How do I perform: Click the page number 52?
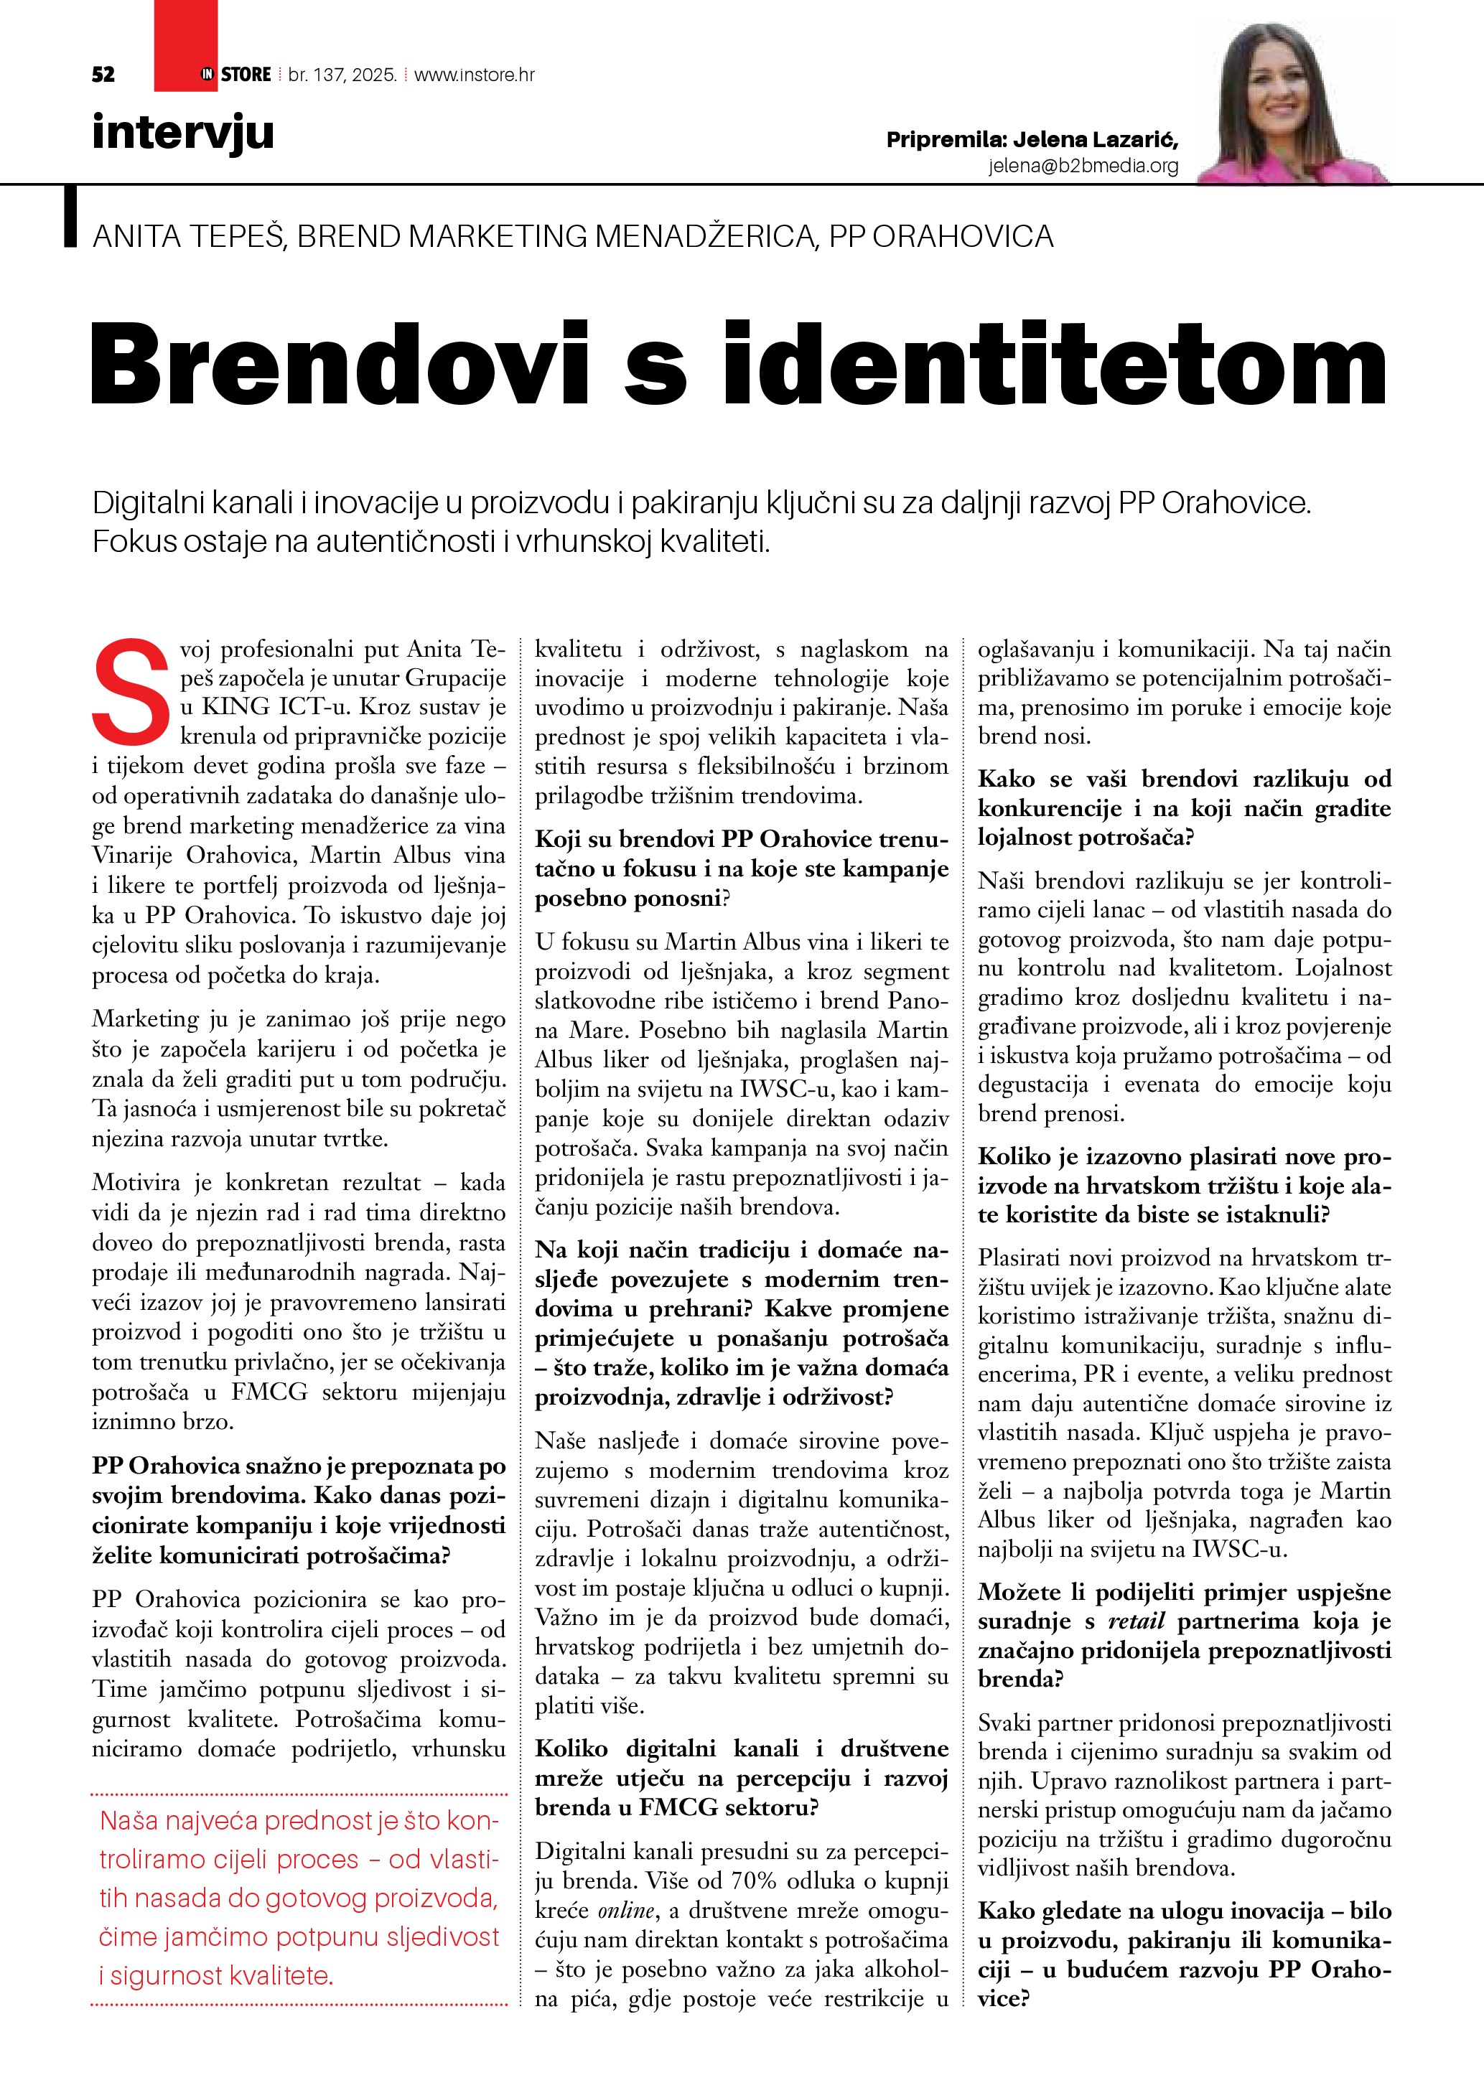(103, 75)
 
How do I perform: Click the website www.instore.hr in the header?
(475, 75)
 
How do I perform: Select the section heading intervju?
(183, 133)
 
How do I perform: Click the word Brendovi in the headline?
(337, 364)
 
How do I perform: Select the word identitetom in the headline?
(1055, 364)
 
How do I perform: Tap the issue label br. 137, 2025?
(342, 75)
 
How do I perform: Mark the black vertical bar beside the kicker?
(70, 217)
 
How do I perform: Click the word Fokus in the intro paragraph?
(134, 542)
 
